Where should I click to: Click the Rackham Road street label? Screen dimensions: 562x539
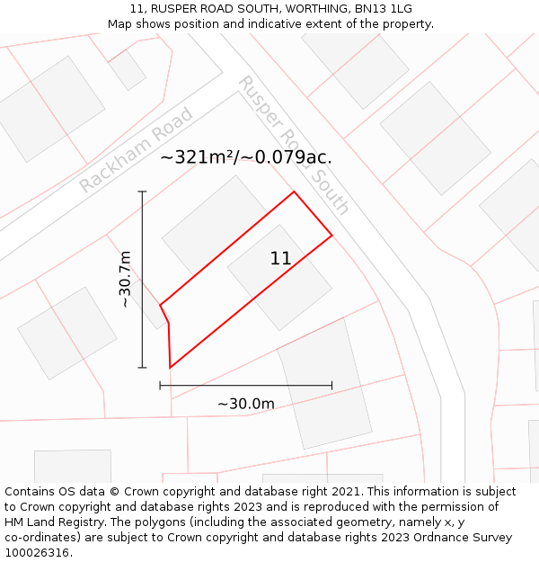(x=136, y=150)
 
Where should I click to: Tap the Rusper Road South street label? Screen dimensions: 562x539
(x=293, y=145)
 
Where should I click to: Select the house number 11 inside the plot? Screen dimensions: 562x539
(x=280, y=259)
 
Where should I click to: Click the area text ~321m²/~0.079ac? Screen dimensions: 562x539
(x=246, y=157)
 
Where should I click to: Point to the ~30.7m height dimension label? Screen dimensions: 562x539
(x=126, y=280)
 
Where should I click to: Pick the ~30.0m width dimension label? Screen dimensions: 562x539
(x=246, y=404)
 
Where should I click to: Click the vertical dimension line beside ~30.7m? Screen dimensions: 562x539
(x=142, y=280)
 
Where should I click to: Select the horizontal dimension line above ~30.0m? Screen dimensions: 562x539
(x=246, y=386)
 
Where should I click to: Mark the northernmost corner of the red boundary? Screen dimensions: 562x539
(x=294, y=192)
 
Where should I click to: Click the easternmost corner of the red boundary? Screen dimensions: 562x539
(x=332, y=236)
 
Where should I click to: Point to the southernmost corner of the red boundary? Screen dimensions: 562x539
(x=170, y=368)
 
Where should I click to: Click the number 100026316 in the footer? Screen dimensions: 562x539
(x=38, y=553)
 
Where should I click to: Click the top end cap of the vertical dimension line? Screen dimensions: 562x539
(x=142, y=192)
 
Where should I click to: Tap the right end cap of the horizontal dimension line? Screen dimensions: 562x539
(x=332, y=386)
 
